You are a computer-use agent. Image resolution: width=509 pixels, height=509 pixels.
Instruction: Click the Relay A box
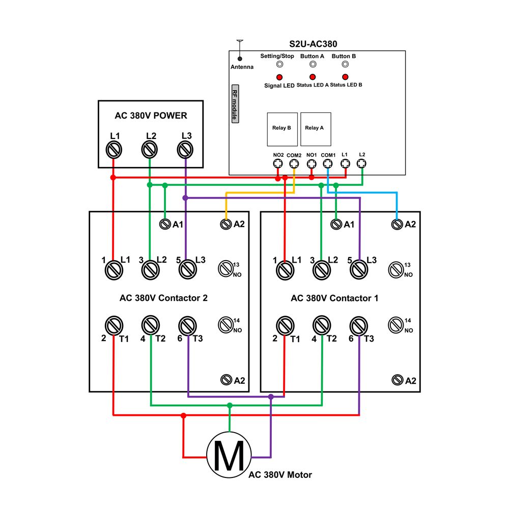pyautogui.click(x=316, y=129)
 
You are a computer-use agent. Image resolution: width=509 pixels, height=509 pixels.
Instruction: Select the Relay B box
pyautogui.click(x=282, y=129)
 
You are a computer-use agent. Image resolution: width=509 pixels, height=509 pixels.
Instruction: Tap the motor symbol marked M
pyautogui.click(x=229, y=455)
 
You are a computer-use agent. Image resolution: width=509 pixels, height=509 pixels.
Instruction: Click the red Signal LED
pyautogui.click(x=279, y=77)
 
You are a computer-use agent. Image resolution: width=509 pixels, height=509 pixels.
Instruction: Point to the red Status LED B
pyautogui.click(x=345, y=77)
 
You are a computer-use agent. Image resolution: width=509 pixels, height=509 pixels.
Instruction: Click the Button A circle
pyautogui.click(x=313, y=64)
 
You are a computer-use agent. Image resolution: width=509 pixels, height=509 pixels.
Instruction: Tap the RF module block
pyautogui.click(x=235, y=104)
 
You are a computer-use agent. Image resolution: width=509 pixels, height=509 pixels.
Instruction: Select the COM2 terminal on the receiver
pyautogui.click(x=294, y=164)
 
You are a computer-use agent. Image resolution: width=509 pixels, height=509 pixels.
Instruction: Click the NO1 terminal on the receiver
pyautogui.click(x=312, y=164)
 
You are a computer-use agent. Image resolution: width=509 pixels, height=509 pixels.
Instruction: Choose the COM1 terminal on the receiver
pyautogui.click(x=328, y=164)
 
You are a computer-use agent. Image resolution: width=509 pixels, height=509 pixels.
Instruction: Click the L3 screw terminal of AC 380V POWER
pyautogui.click(x=185, y=150)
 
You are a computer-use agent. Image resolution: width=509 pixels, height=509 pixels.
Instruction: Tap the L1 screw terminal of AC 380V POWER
pyautogui.click(x=114, y=150)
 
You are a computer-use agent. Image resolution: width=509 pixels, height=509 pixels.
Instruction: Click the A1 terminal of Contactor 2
pyautogui.click(x=165, y=224)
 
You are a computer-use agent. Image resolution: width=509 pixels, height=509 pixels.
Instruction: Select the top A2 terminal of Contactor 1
pyautogui.click(x=397, y=224)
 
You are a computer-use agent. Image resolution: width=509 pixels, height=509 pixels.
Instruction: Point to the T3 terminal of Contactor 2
pyautogui.click(x=187, y=326)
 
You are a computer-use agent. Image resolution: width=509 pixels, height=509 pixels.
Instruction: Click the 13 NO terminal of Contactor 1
pyautogui.click(x=395, y=269)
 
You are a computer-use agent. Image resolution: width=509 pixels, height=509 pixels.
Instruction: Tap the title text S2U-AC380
pyautogui.click(x=313, y=44)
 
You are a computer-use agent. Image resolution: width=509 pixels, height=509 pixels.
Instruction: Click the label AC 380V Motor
pyautogui.click(x=280, y=475)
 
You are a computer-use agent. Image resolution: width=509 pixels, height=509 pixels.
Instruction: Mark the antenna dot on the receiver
pyautogui.click(x=240, y=59)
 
